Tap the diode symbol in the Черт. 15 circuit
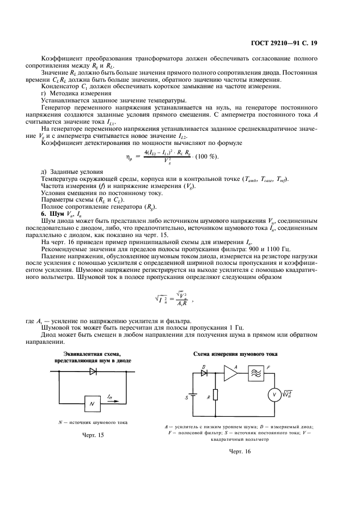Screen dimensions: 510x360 [92, 372]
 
